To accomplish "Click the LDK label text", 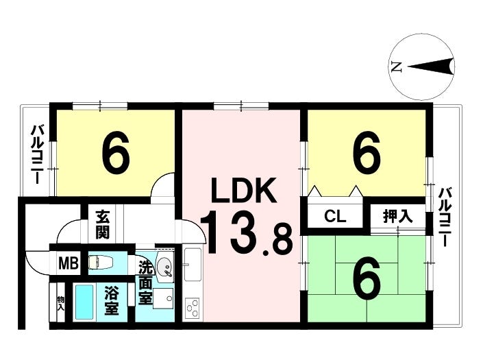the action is (243, 190).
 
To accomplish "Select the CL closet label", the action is (335, 217).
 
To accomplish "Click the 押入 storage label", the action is (397, 216).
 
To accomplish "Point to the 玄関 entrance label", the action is (102, 224).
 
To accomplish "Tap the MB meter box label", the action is (69, 263).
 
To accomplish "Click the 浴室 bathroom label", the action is (111, 300).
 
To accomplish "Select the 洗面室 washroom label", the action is (145, 283).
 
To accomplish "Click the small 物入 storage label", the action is (61, 303).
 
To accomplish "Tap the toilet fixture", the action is (101, 263).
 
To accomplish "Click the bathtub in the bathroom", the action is (84, 302).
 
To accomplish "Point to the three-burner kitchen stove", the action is (192, 308).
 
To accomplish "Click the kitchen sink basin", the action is (193, 265).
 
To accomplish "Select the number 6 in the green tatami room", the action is (367, 280).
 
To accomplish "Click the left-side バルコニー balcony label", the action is (38, 154).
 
